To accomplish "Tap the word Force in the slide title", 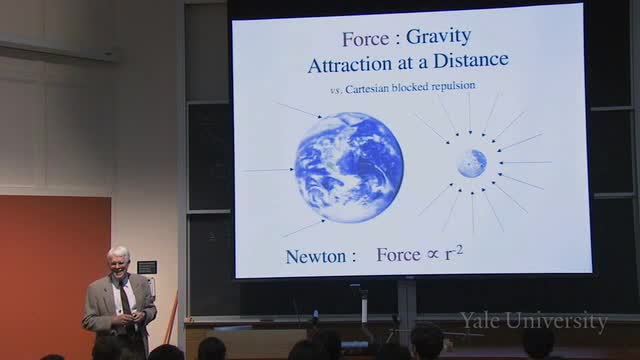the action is (x=366, y=39).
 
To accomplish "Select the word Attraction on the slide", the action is (x=349, y=65).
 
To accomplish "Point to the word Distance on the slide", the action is (x=471, y=60).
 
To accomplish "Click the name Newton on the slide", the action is (x=316, y=257).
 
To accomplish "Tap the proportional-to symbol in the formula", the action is (x=433, y=255).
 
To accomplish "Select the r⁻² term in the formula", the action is (x=454, y=253).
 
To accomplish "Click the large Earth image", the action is (x=349, y=167).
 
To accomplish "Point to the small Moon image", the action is (x=472, y=163).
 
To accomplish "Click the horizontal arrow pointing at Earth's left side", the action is (x=268, y=170).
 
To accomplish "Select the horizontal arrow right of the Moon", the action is (x=525, y=162).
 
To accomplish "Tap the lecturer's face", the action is (x=119, y=264).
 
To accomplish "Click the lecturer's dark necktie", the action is (x=125, y=302).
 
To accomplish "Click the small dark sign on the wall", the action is (x=147, y=267).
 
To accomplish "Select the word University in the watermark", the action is (x=556, y=321).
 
